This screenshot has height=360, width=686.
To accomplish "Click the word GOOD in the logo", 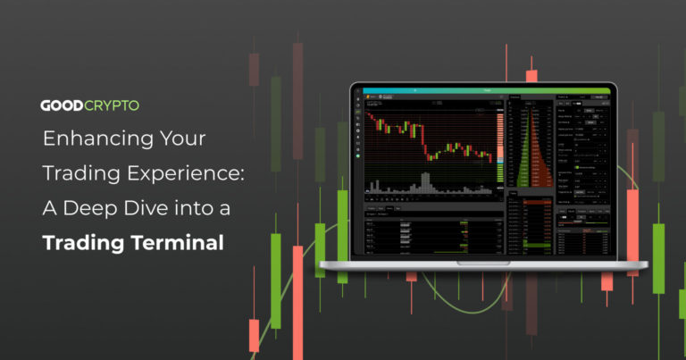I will point(62,105).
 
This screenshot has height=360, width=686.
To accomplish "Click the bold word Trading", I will point(86,241).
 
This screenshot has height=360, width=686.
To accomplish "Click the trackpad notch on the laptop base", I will point(483,263).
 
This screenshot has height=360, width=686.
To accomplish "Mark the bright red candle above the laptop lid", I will point(531,77).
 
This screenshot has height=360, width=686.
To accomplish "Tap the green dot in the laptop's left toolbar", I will point(357,156).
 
